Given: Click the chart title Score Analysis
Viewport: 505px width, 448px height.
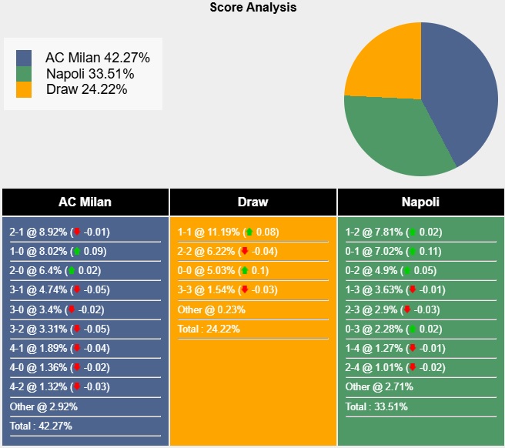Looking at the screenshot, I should click(x=252, y=8).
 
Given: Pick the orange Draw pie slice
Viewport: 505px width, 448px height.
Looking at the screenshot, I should click(x=381, y=62).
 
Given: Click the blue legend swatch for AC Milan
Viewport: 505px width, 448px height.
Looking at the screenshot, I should click(x=24, y=58).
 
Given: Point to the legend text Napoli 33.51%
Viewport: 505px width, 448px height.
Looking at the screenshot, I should click(x=90, y=74).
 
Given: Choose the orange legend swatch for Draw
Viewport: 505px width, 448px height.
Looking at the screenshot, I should click(x=24, y=89).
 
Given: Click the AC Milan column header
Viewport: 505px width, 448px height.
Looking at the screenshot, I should click(x=85, y=202).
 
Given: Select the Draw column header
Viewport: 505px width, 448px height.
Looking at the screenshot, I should click(x=252, y=202).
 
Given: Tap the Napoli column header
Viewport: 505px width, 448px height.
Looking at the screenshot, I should click(x=420, y=202).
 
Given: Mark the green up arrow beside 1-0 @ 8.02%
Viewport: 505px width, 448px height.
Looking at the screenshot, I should click(x=77, y=251).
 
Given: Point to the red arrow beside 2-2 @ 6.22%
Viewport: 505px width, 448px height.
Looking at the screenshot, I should click(x=245, y=251).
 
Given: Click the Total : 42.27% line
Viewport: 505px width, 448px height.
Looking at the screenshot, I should click(x=40, y=426).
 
